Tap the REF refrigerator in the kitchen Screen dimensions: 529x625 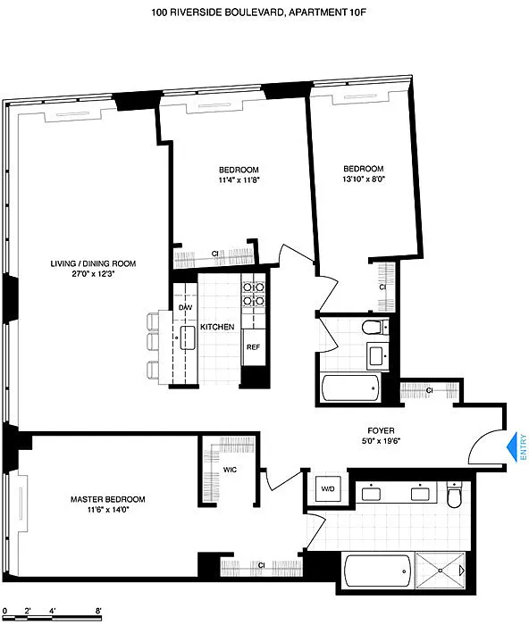coord(253,347)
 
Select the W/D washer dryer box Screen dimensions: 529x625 coord(328,488)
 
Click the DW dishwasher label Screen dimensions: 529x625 coord(185,307)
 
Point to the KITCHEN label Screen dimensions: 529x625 coord(217,327)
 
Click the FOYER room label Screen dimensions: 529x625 coord(381,430)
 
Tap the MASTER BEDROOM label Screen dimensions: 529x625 coord(108,499)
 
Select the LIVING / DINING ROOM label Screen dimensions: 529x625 coord(93,263)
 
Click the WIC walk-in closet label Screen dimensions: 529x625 coord(230,470)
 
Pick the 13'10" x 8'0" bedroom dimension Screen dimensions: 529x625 coord(364,179)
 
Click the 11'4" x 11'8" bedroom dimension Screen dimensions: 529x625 coord(239,179)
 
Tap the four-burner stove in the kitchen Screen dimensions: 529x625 coord(254,294)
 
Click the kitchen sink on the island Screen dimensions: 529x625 coord(188,338)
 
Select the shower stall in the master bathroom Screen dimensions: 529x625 coord(441,571)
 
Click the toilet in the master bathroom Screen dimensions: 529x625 coord(454,495)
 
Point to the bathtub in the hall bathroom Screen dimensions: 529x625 coord(351,387)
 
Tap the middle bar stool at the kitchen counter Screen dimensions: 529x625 coord(153,341)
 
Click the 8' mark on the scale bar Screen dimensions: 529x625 coord(98,610)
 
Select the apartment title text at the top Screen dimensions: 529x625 coord(258,12)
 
